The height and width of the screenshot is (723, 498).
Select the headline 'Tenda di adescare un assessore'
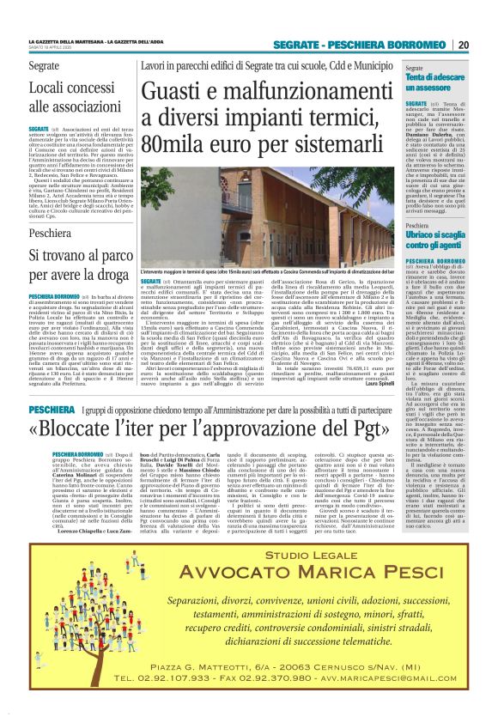[437, 83]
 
